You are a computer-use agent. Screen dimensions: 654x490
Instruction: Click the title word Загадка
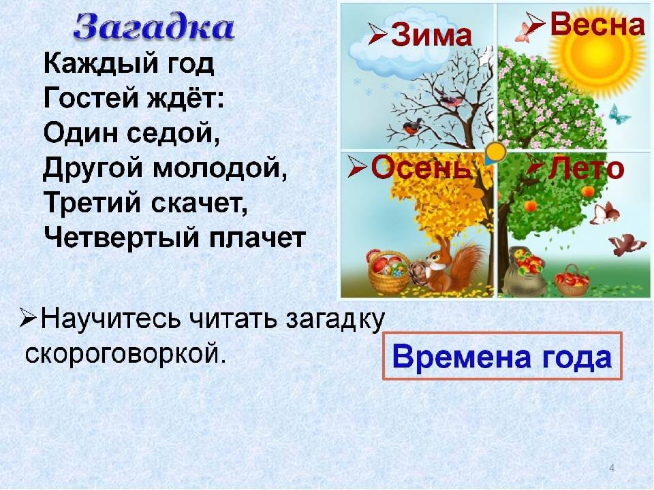point(154,27)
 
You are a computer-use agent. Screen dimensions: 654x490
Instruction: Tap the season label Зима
point(431,34)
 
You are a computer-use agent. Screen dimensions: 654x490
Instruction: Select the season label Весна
point(597,24)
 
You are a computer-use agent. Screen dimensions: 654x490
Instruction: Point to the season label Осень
point(420,167)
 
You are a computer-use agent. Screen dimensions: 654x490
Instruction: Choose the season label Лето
point(586,169)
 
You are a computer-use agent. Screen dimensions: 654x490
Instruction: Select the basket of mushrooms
point(388,270)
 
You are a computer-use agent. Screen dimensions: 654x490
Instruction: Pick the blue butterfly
point(619,114)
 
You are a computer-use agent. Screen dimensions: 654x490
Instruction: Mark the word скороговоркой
point(125,354)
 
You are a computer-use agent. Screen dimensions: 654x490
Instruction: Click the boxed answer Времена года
point(502,357)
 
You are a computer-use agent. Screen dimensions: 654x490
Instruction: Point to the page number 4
point(612,468)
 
